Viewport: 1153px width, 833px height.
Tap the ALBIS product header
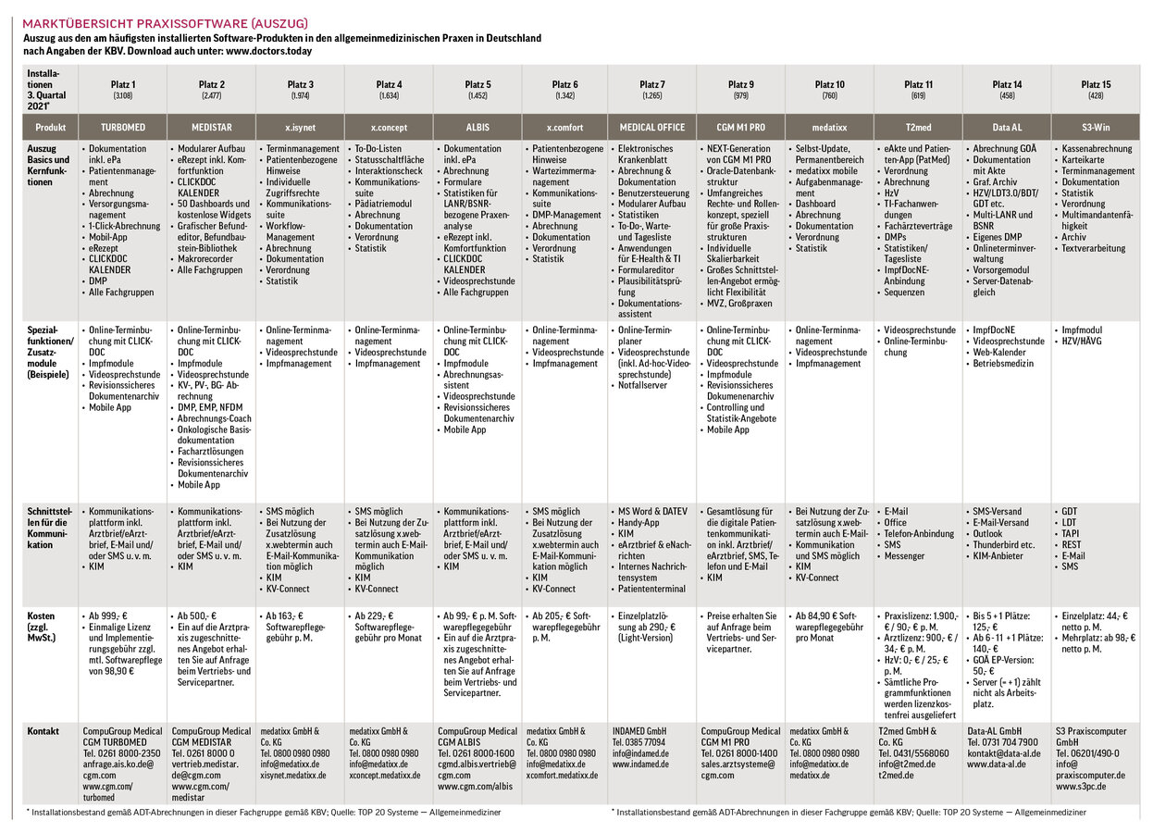pos(477,127)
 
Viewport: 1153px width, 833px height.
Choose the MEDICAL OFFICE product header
pos(651,127)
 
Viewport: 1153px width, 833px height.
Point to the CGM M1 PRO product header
pos(740,127)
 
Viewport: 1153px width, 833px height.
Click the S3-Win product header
pos(1096,127)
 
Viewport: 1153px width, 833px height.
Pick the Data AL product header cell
pos(1007,127)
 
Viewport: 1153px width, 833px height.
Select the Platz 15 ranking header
pos(1096,84)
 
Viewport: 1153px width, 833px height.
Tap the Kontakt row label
pos(43,731)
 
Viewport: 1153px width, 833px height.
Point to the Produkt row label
pos(50,127)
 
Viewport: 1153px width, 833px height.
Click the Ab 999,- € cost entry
pos(109,615)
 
